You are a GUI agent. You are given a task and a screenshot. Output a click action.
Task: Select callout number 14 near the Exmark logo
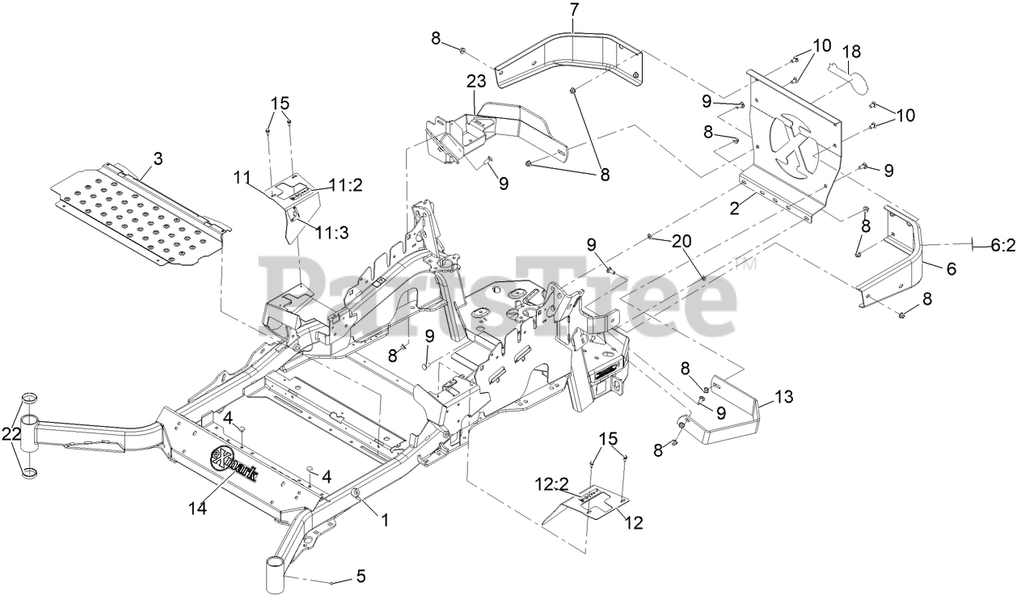tap(198, 508)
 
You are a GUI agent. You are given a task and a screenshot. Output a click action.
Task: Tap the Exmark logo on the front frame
tap(234, 464)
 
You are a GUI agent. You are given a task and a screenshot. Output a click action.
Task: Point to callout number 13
tap(783, 397)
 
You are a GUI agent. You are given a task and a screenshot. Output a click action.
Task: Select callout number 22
tap(11, 433)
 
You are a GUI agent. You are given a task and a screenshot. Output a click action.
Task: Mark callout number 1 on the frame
tap(385, 521)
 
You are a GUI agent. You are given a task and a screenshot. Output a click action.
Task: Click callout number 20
tap(682, 241)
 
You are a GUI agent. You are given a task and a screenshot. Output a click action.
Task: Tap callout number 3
tap(158, 159)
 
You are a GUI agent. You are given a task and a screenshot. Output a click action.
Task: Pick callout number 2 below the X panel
tap(735, 209)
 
